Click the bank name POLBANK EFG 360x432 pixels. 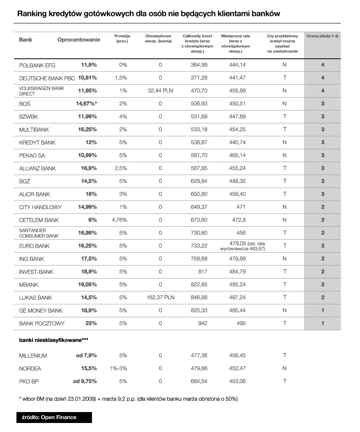pos(37,65)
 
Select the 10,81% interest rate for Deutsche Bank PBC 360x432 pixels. pos(87,78)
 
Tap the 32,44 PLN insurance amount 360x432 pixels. pos(160,91)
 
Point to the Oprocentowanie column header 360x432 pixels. pos(79,40)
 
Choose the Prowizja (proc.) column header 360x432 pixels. pos(122,38)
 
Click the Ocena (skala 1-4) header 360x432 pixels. pos(322,36)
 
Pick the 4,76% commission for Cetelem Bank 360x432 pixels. pos(119,220)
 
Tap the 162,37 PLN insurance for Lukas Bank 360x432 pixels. pos(160,298)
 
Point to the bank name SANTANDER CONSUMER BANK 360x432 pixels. pos(39,233)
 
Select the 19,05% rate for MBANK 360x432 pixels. pos(87,285)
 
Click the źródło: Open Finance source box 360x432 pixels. pos(54,418)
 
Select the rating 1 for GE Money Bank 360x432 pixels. pos(322,311)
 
